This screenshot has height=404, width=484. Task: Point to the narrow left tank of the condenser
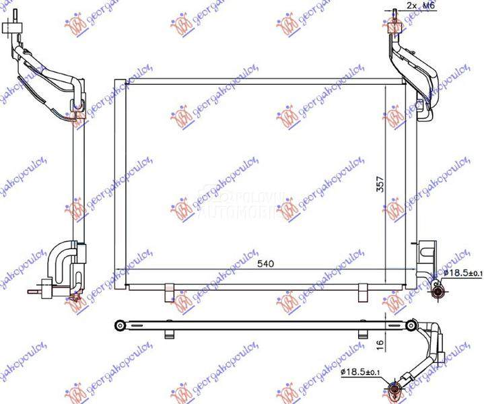point(119,184)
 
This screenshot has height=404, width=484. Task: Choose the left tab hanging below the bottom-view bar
point(168,335)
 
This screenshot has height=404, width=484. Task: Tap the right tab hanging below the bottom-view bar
point(364,335)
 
